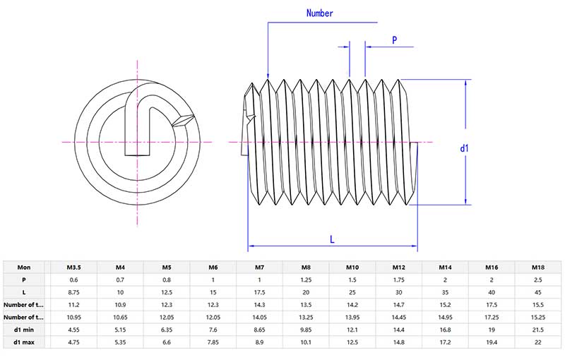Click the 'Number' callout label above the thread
pyautogui.click(x=319, y=13)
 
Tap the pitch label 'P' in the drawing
pyautogui.click(x=394, y=40)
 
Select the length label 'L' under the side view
pyautogui.click(x=332, y=239)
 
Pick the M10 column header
pyautogui.click(x=352, y=268)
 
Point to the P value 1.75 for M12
pyautogui.click(x=398, y=280)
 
